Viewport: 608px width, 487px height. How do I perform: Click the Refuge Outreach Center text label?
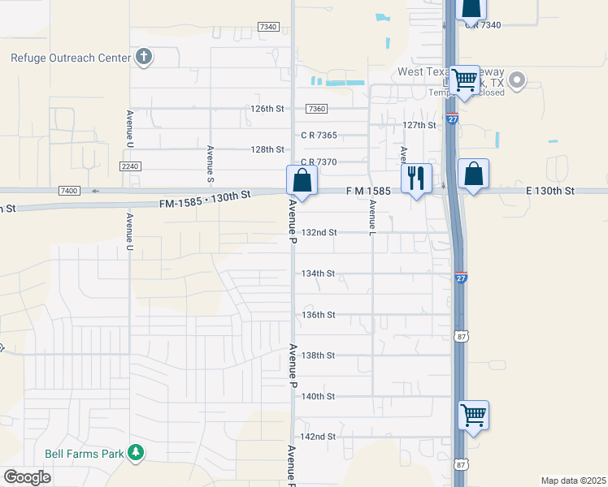point(70,58)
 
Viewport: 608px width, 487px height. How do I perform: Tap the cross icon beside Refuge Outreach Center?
point(144,57)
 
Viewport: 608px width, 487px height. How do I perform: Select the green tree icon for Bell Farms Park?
point(137,453)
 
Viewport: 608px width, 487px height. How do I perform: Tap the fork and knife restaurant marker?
point(417,179)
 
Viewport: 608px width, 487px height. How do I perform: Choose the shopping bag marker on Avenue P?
point(302,181)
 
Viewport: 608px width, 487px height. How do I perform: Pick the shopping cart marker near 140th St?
point(473,416)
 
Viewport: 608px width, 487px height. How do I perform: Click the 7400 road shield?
point(69,190)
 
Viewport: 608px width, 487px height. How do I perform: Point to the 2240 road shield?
point(130,166)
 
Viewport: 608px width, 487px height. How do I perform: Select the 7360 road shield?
point(316,109)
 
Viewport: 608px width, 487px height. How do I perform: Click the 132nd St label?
point(319,232)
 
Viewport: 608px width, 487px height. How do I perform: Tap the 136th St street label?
point(319,314)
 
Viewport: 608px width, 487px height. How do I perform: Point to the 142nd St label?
point(319,437)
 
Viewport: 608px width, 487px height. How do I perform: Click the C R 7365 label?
point(319,135)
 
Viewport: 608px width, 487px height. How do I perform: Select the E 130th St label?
point(550,191)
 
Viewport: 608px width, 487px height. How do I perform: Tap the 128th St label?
point(267,149)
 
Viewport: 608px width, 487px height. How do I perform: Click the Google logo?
point(27,477)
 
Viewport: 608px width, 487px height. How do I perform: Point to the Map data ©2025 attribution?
point(573,481)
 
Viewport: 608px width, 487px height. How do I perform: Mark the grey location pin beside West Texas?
point(514,80)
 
